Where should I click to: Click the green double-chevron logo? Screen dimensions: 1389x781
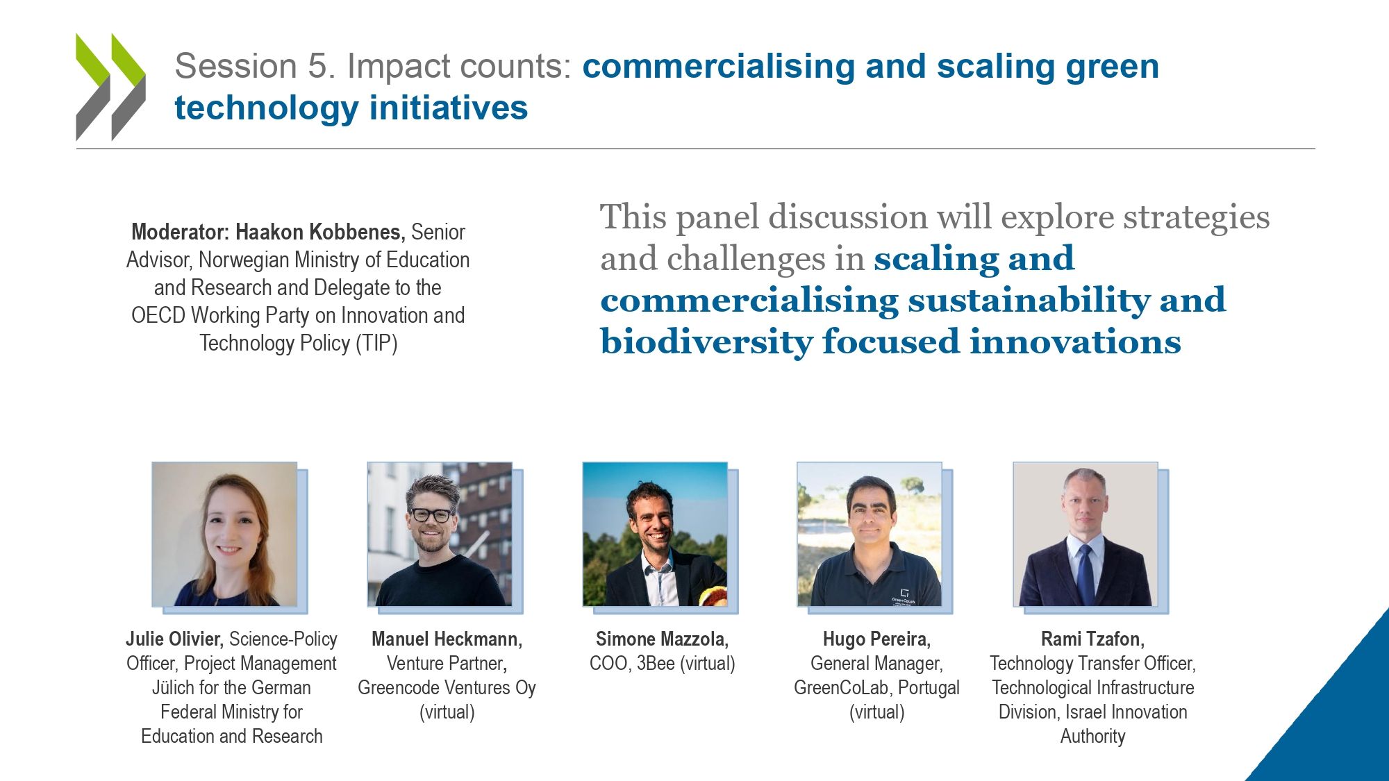[110, 87]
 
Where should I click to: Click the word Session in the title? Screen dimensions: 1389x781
[236, 67]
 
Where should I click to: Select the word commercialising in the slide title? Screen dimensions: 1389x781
[719, 67]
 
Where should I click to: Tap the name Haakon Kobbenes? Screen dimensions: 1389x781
[320, 232]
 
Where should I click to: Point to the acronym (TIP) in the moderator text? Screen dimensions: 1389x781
[376, 344]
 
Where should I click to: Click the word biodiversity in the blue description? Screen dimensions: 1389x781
[706, 342]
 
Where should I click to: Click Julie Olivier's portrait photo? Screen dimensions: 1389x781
[224, 534]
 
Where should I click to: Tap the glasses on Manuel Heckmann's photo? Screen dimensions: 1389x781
[431, 515]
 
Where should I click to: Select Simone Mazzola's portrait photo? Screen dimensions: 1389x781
[655, 534]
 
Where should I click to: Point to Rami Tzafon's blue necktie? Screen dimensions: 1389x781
[1085, 574]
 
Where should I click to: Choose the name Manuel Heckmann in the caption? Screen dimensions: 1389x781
[447, 639]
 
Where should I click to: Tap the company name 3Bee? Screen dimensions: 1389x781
[656, 664]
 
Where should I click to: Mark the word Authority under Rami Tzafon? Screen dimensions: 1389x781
[1092, 737]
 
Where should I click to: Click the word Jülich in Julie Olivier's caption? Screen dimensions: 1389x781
[174, 688]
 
